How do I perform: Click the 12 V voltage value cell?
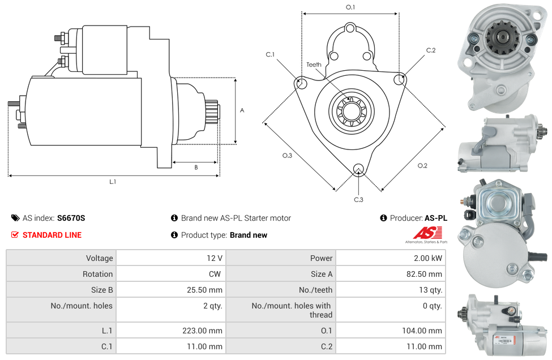coord(215,258)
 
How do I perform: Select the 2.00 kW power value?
coord(429,258)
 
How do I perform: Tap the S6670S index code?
coord(71,218)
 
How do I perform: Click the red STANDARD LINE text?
coord(52,235)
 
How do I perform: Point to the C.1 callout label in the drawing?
coord(270,54)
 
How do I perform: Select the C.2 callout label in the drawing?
coord(431,50)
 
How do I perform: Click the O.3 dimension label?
coord(287,156)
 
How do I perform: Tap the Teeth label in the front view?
coord(314,65)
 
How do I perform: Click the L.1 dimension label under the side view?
coord(113,182)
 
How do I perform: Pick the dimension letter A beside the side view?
coord(242,110)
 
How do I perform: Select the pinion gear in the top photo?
coord(498,38)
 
